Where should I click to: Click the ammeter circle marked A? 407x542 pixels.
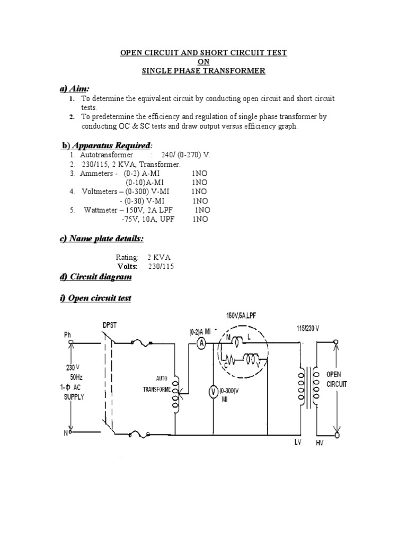pyautogui.click(x=201, y=343)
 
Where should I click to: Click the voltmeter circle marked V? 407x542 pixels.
pyautogui.click(x=213, y=392)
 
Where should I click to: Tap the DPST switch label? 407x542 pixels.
pyautogui.click(x=110, y=326)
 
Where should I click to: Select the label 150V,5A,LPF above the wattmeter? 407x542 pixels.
pyautogui.click(x=241, y=315)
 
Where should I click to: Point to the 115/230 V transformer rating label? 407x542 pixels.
pyautogui.click(x=308, y=328)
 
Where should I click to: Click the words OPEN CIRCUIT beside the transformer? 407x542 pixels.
pyautogui.click(x=337, y=379)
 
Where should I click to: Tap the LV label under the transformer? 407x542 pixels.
pyautogui.click(x=298, y=442)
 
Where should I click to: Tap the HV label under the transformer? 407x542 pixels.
pyautogui.click(x=320, y=442)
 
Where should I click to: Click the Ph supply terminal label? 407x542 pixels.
pyautogui.click(x=67, y=335)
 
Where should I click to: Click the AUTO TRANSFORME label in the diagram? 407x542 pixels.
pyautogui.click(x=158, y=384)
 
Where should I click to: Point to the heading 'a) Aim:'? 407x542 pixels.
pyautogui.click(x=74, y=88)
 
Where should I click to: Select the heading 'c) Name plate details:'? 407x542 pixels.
pyautogui.click(x=101, y=239)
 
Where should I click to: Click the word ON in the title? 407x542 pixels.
pyautogui.click(x=203, y=62)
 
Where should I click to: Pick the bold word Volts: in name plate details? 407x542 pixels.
pyautogui.click(x=127, y=267)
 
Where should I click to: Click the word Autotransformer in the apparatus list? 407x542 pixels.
pyautogui.click(x=106, y=155)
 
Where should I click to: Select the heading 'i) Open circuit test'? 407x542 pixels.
pyautogui.click(x=95, y=298)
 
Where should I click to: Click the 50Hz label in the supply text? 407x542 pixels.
pyautogui.click(x=76, y=377)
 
